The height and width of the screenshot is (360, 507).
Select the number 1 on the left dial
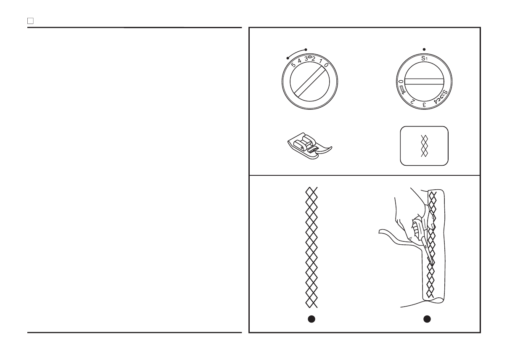(x=320, y=61)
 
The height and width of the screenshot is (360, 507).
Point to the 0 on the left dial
(x=326, y=65)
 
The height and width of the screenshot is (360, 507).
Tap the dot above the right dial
(x=424, y=50)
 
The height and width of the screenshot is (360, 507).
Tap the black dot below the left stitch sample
(x=311, y=319)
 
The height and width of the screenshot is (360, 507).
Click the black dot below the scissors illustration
(x=427, y=319)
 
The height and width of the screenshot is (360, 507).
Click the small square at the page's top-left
(x=30, y=21)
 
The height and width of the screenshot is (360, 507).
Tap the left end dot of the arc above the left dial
(x=288, y=58)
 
